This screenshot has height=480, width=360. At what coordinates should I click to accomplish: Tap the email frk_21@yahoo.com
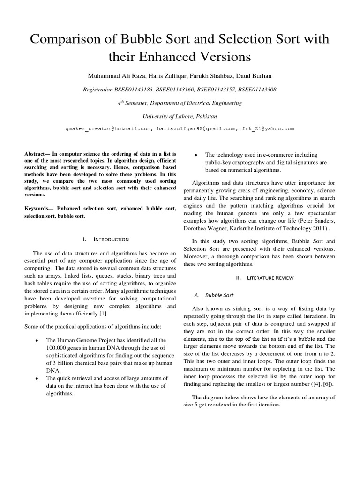[268, 128]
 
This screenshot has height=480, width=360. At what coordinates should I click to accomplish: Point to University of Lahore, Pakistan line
[180, 115]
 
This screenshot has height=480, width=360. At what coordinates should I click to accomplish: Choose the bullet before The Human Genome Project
[37, 340]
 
